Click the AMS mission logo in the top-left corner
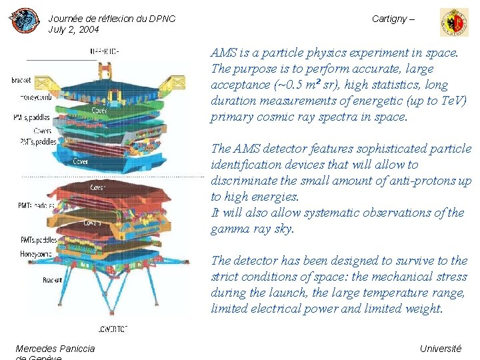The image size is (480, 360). (24, 21)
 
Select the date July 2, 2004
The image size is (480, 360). (73, 30)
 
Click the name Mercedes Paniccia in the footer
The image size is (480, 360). (55, 349)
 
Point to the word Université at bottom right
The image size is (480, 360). (440, 349)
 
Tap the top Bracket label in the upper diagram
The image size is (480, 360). (21, 81)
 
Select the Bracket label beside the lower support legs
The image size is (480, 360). (53, 281)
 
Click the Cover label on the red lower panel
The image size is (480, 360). (97, 187)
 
